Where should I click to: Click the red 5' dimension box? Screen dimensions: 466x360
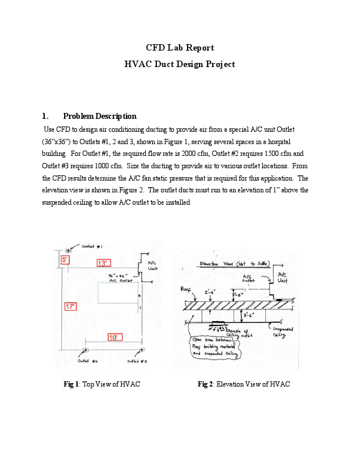pos(65,259)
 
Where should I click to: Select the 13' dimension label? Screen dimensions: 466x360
pos(102,263)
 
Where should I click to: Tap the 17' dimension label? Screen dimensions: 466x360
pos(71,306)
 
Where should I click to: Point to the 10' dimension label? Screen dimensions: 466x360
pos(114,337)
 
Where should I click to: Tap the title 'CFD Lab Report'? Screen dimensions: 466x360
pos(179,48)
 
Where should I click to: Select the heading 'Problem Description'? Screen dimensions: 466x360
pos(99,116)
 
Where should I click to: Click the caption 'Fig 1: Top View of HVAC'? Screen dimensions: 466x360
pos(101,384)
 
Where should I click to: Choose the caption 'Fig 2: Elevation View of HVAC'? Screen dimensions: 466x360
pos(244,384)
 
